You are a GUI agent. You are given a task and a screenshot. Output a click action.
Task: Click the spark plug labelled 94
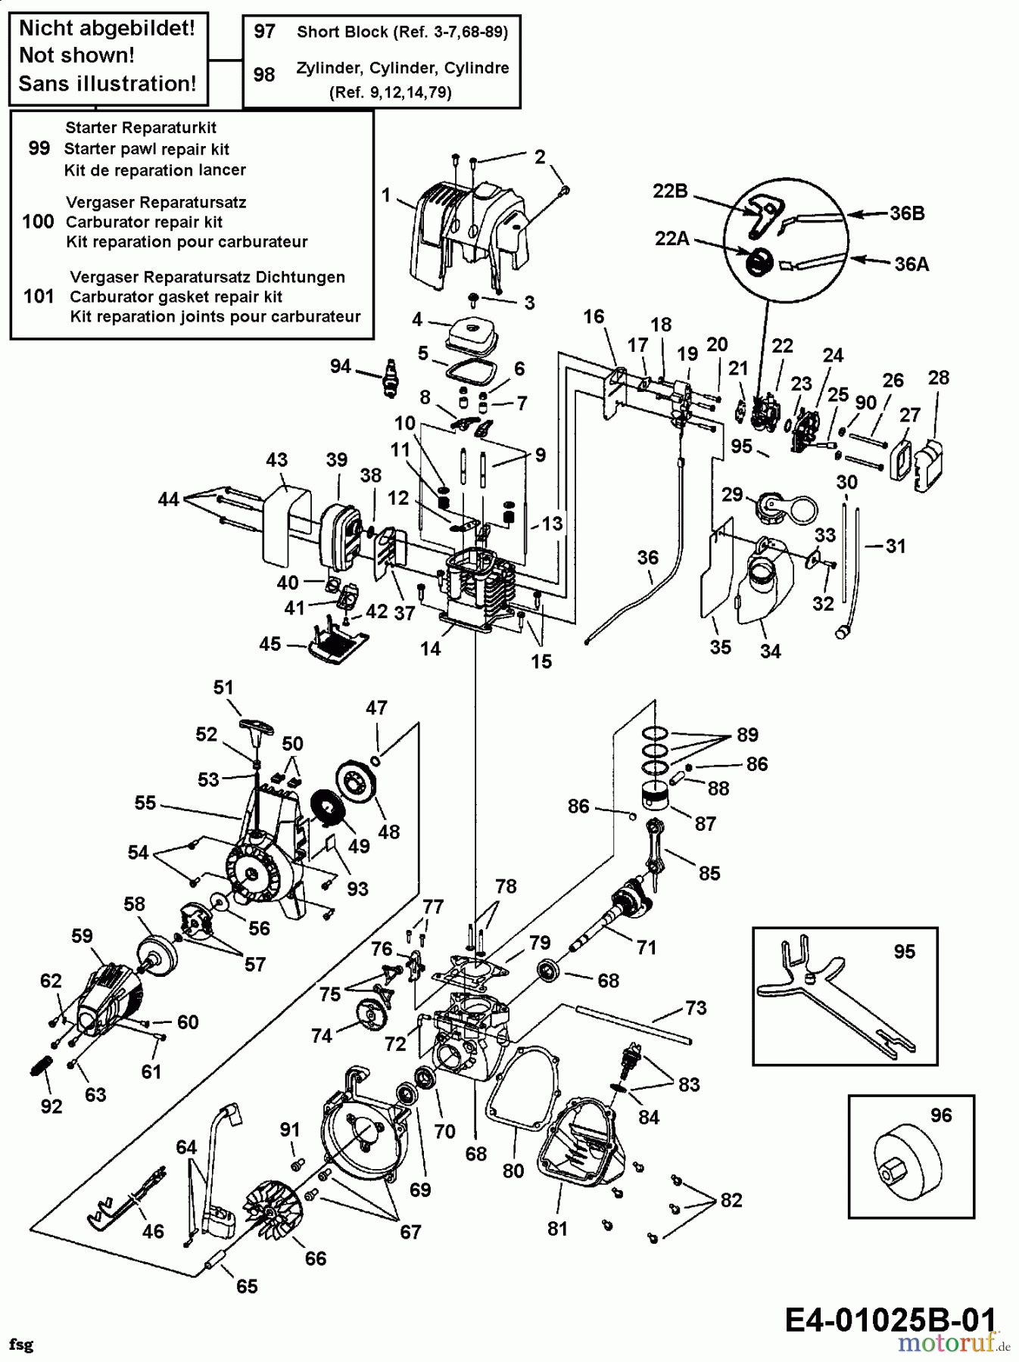click(391, 377)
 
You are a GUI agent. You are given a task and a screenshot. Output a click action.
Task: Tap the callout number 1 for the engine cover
click(386, 195)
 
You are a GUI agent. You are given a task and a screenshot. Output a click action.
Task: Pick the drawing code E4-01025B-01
click(890, 1320)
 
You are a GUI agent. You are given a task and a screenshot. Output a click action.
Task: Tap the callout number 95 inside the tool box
click(905, 952)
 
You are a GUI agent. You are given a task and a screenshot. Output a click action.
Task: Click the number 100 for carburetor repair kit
click(39, 222)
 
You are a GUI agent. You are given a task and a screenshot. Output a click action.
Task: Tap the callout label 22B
click(670, 191)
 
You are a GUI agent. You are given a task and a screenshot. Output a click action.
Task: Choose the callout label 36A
click(911, 264)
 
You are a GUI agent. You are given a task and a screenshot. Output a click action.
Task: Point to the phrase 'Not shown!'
click(76, 55)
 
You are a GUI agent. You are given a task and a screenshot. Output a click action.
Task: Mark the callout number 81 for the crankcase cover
click(557, 1229)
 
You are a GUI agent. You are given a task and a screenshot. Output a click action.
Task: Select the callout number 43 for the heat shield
click(277, 459)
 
